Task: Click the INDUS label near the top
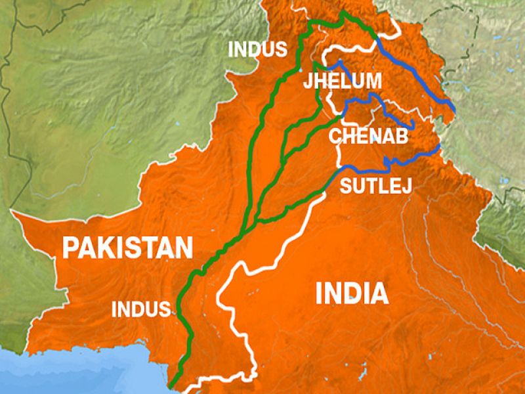(257, 49)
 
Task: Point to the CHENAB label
(368, 136)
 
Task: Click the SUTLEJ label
(375, 186)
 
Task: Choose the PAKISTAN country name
(127, 248)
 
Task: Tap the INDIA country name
(352, 293)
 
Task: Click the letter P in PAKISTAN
(69, 248)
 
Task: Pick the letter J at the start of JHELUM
(307, 81)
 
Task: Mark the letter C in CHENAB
(335, 136)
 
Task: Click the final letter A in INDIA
(380, 293)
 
